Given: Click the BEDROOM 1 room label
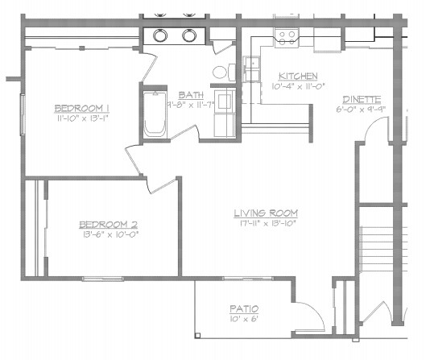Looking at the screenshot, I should (x=82, y=108).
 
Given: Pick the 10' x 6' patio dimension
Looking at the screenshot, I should (x=242, y=320).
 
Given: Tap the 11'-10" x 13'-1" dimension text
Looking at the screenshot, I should (x=82, y=118).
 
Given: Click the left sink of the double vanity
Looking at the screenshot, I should (x=159, y=35).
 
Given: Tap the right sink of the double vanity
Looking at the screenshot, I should (x=189, y=35).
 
